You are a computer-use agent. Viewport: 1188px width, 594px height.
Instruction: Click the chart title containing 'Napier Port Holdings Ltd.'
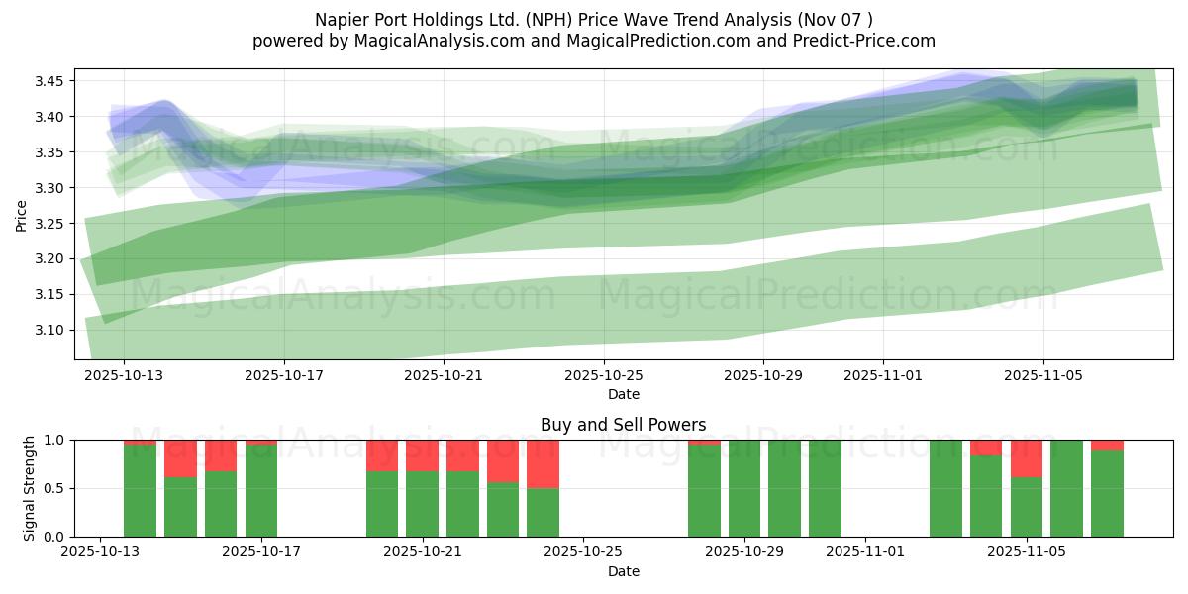coord(594,20)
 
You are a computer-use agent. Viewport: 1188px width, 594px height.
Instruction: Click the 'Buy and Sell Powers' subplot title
coord(624,425)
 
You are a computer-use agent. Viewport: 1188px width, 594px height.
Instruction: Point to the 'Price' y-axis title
coord(22,214)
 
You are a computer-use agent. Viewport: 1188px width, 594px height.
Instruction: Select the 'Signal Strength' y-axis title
coord(30,488)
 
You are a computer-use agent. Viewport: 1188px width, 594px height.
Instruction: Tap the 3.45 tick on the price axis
coord(54,81)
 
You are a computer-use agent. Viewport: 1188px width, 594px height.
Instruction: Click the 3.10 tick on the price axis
coord(54,330)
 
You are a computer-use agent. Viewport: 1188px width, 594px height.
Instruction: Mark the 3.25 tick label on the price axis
coord(54,224)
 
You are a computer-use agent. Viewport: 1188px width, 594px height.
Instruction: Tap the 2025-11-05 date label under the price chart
coord(1043,375)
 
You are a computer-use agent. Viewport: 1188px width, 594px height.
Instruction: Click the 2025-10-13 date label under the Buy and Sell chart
coord(100,552)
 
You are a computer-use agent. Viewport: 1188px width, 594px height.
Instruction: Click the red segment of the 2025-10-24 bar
coord(544,463)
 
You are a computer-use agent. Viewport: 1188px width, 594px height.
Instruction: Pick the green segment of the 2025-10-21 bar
coord(423,504)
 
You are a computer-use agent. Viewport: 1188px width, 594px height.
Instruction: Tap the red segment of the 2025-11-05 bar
coord(1027,458)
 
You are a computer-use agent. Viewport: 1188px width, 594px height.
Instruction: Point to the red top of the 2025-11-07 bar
coord(1107,445)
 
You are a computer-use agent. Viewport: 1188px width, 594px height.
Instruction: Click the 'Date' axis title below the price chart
coord(624,394)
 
